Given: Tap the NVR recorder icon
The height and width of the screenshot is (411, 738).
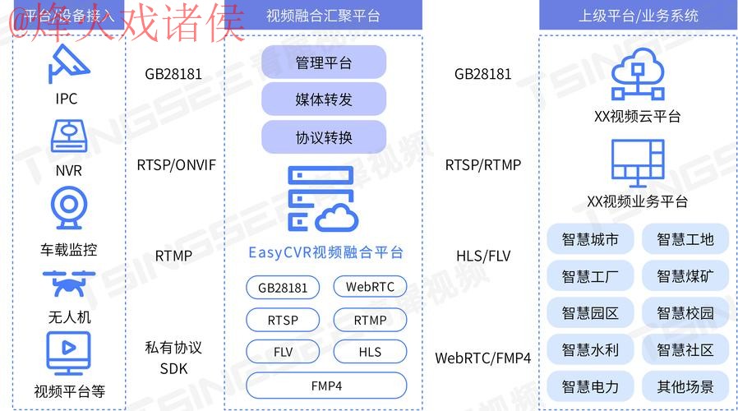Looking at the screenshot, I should coord(68,137).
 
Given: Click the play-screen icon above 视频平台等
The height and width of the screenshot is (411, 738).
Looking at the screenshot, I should coord(68,353).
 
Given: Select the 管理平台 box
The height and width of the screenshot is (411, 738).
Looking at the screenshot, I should coord(324,62).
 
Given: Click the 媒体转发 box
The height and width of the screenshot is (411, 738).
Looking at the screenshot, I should coord(324,99).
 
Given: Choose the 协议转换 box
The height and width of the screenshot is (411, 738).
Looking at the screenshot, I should coord(324,136).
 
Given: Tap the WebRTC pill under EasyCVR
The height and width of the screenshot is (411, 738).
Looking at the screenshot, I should coord(370,287).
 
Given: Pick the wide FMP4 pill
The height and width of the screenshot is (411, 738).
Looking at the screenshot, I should coord(326,386).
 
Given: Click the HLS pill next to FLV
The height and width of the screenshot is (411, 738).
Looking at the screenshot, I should coord(370,352).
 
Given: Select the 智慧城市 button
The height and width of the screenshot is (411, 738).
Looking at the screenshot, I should coord(590,240).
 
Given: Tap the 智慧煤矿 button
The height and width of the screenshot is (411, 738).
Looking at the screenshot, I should coord(685,276).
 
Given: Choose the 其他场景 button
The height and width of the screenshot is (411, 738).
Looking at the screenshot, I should coord(685,386).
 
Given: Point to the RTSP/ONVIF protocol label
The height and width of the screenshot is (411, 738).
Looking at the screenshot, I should coord(176,165).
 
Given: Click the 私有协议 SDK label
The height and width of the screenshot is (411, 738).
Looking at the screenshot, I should coord(173,358).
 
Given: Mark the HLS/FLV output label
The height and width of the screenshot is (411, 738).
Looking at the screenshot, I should coord(483,256).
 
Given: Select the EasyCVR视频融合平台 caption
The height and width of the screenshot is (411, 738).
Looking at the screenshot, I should coord(325,252).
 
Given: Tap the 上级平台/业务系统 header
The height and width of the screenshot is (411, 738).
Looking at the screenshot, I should coord(638,16).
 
